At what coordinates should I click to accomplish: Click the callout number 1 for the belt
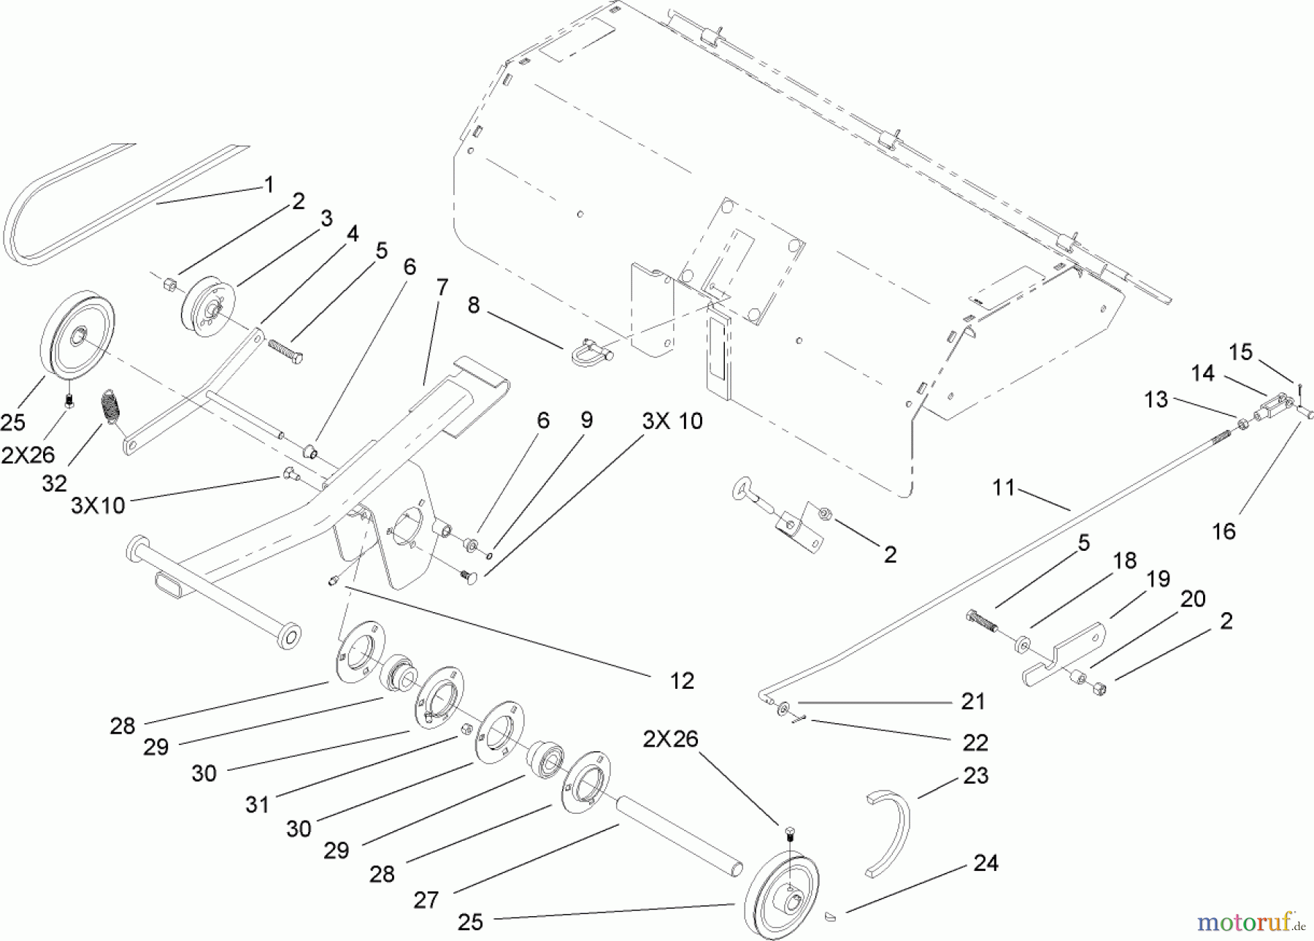(x=269, y=185)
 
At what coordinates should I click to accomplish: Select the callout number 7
(x=442, y=288)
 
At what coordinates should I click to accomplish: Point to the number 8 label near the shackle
(x=474, y=305)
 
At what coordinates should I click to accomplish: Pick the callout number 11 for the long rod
(x=1004, y=487)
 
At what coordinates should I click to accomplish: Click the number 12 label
(x=681, y=680)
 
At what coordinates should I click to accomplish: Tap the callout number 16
(x=1223, y=531)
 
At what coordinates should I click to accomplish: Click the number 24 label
(x=985, y=864)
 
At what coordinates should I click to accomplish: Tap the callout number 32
(x=55, y=483)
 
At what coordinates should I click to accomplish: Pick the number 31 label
(x=258, y=804)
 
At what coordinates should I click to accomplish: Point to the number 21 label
(x=973, y=701)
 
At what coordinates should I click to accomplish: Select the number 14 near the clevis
(x=1202, y=373)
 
